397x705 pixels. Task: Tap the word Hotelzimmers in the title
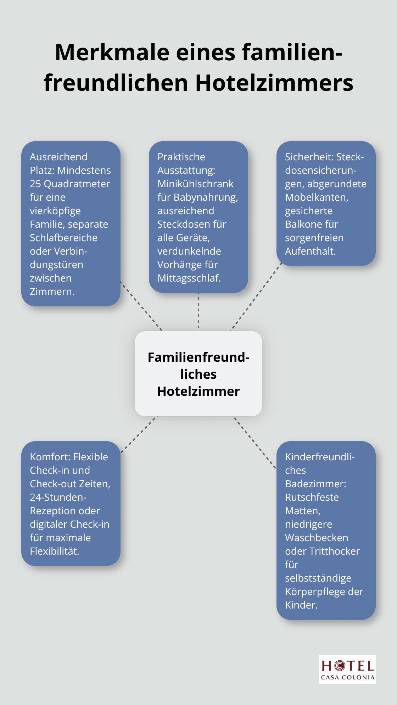point(274,83)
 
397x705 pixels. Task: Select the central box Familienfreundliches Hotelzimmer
point(198,374)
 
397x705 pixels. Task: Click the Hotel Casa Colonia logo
point(347,669)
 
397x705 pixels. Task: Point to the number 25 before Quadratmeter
point(35,184)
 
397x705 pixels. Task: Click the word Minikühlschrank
point(195,184)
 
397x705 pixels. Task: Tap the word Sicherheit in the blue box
point(309,157)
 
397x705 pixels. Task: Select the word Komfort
point(50,457)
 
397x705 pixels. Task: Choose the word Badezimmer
point(315,484)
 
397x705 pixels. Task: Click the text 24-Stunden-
point(58,497)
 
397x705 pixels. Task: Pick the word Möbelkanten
point(316,197)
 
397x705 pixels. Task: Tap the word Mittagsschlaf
point(189,278)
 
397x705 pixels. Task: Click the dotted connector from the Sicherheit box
point(256,297)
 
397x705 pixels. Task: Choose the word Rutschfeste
point(312,497)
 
